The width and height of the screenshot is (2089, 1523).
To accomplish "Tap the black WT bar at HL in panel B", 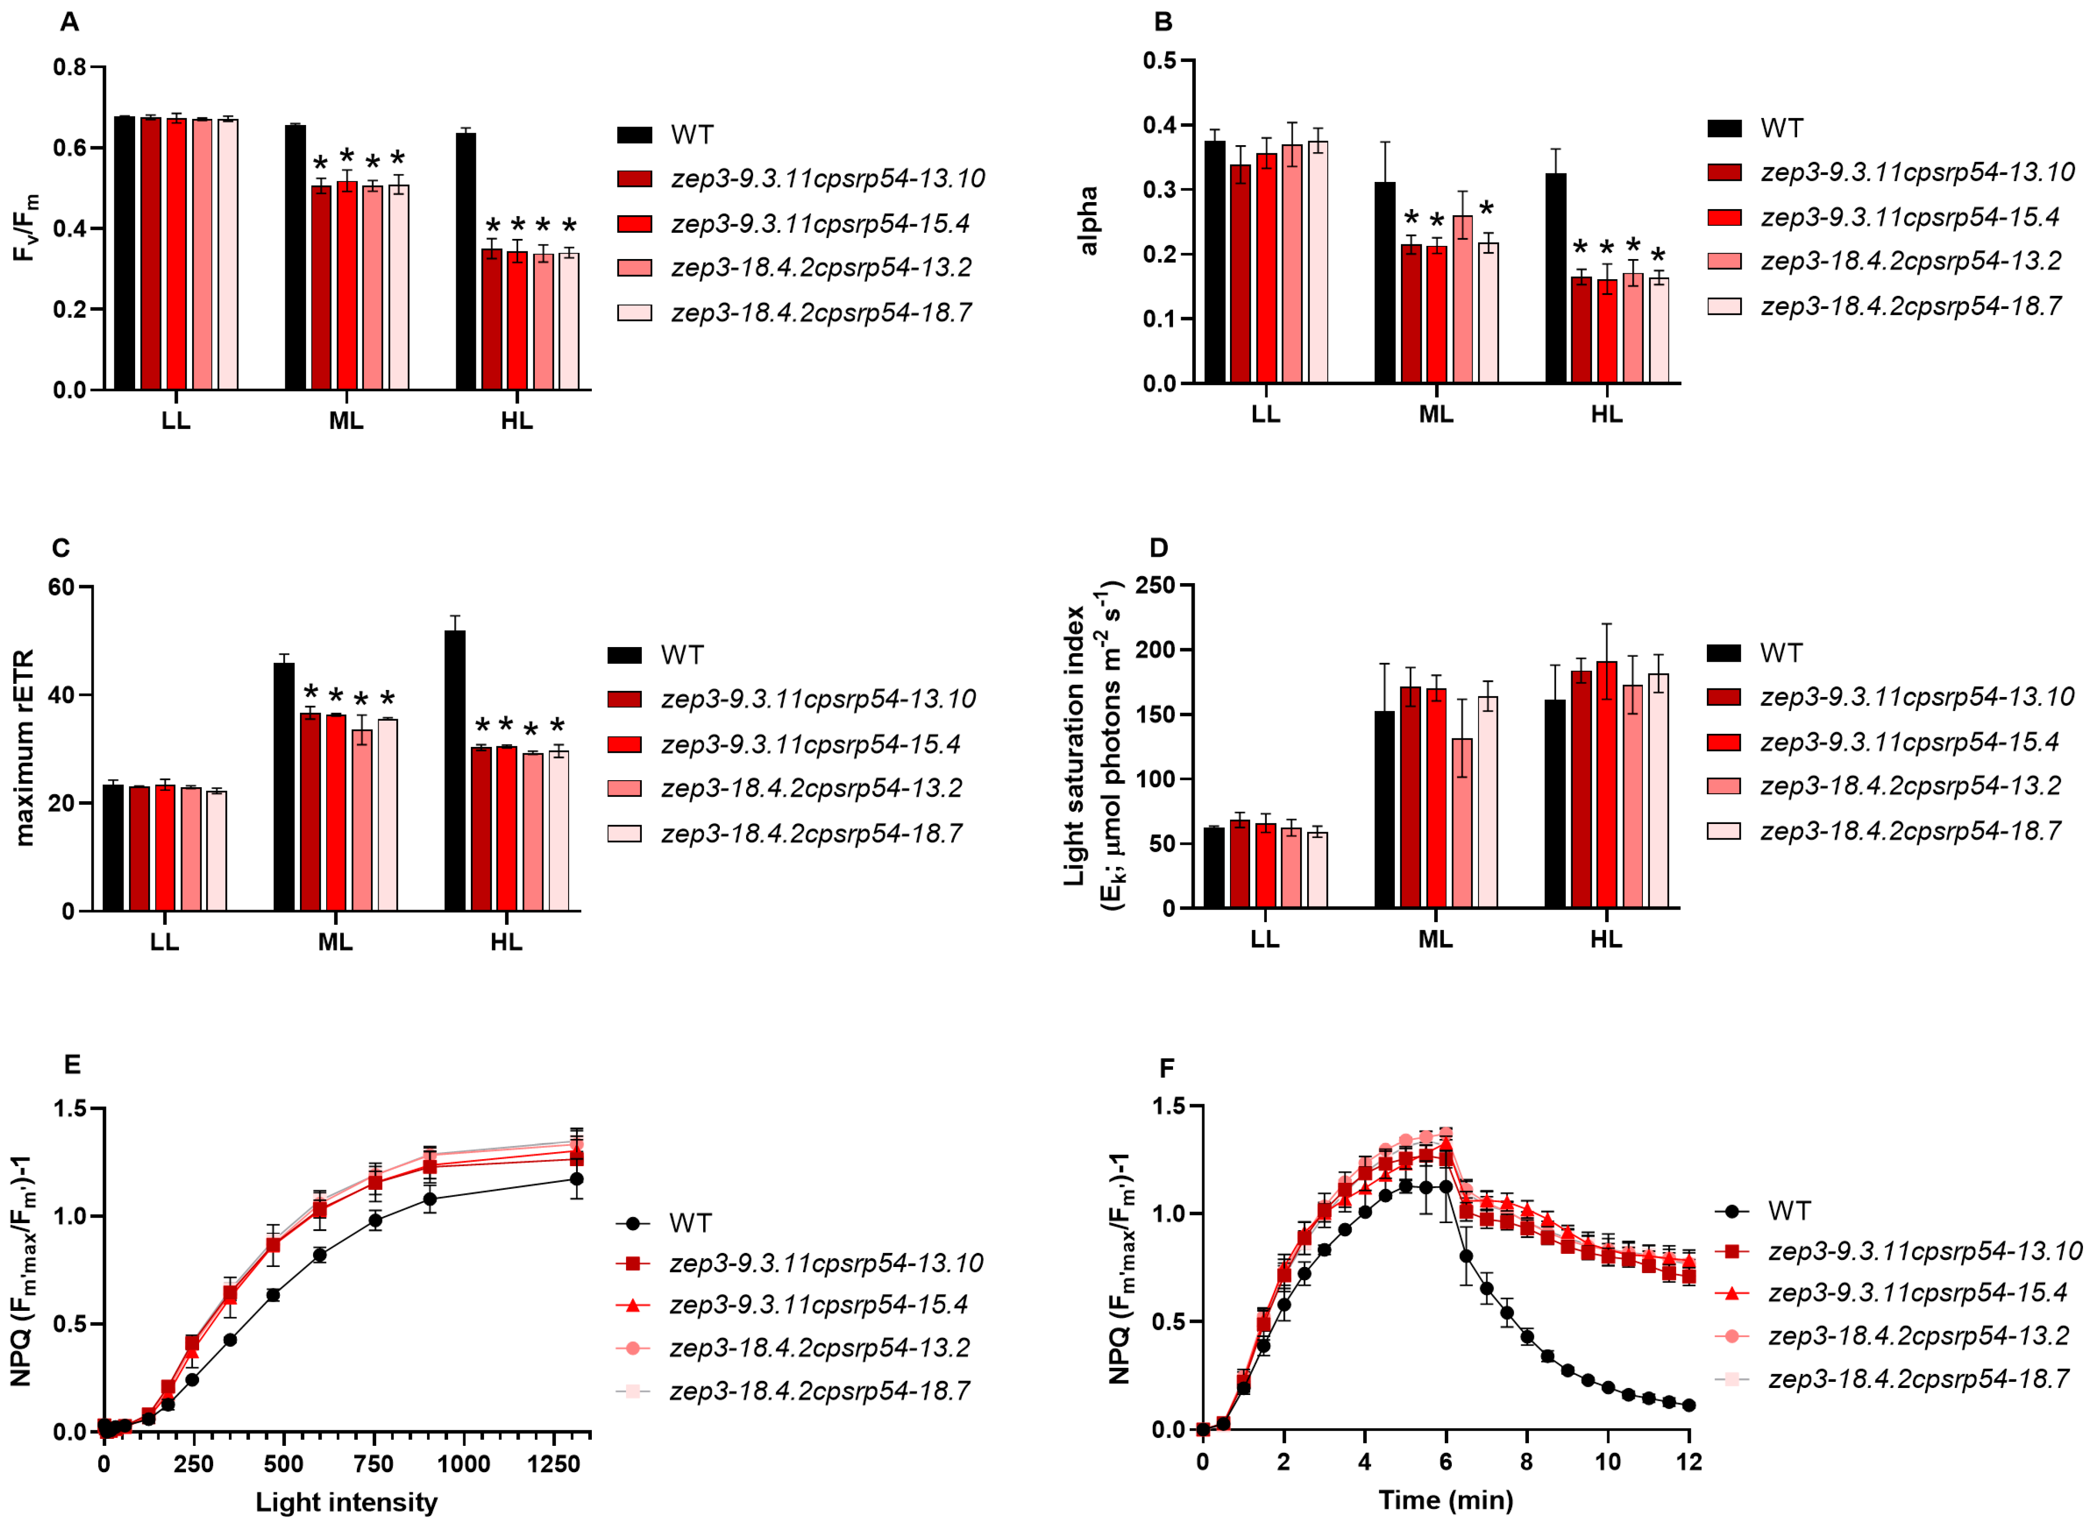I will tap(1555, 278).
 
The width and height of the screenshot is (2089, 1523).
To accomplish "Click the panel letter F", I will tap(1166, 1067).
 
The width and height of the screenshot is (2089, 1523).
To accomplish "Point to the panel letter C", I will tap(61, 548).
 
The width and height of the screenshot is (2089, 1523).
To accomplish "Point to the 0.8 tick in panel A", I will tap(69, 68).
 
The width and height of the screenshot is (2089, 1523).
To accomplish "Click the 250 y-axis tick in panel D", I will tap(1155, 586).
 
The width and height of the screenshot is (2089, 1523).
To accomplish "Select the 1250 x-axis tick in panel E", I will tap(553, 1464).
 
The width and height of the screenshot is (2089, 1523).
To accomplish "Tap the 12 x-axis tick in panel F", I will tap(1689, 1461).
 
